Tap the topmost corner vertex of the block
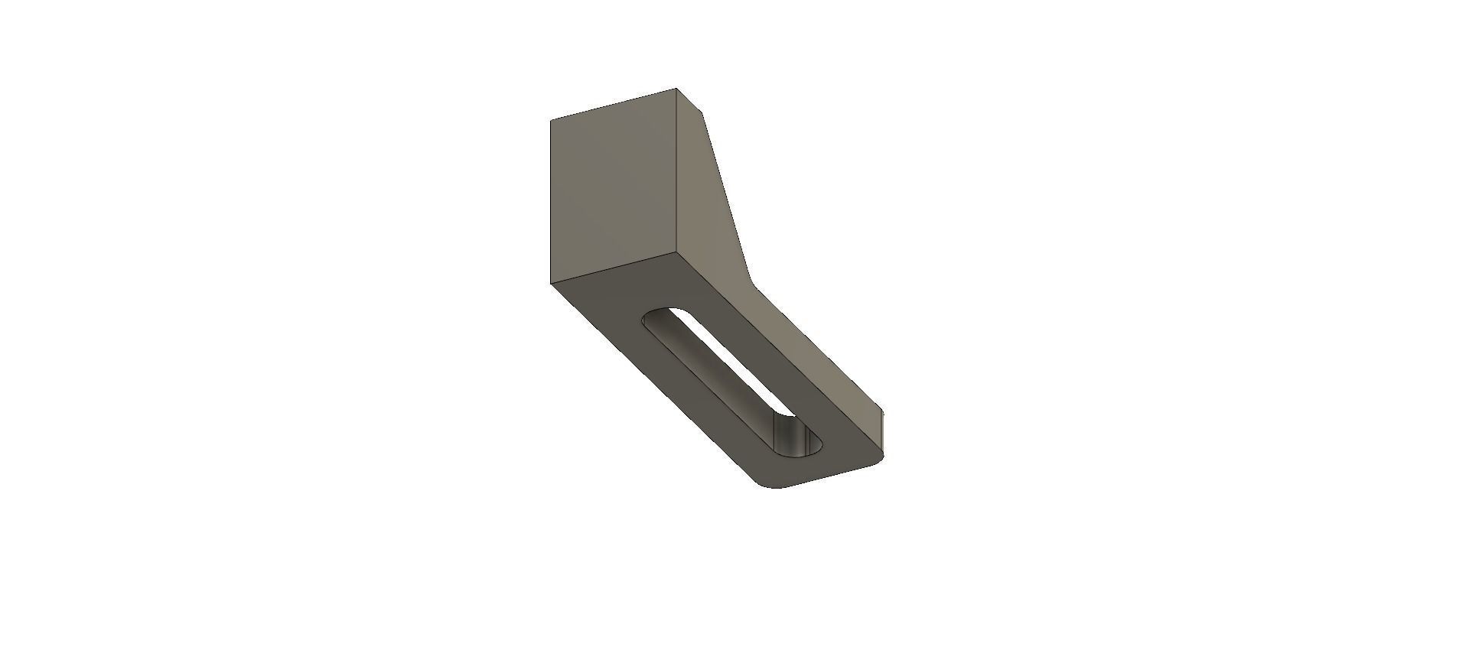(677, 89)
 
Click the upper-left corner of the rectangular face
(552, 120)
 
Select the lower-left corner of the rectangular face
(550, 283)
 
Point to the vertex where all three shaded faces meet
(679, 249)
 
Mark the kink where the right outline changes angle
(753, 284)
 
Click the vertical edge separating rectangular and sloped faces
(678, 168)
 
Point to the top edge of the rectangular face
(612, 105)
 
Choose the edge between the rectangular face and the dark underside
(612, 266)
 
